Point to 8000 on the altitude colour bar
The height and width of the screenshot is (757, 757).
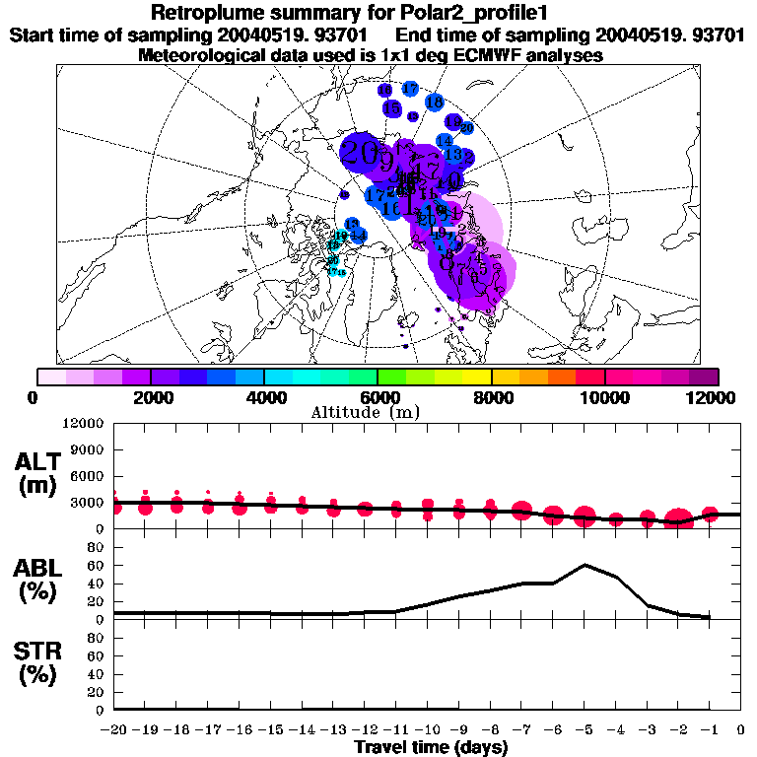[x=491, y=397]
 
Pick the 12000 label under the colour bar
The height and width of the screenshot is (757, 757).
[x=710, y=397]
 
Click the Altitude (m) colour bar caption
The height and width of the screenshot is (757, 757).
[x=365, y=411]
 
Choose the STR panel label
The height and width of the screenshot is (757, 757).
[x=39, y=662]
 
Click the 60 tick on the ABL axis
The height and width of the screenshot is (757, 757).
[x=97, y=566]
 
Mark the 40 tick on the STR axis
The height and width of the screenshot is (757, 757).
[x=97, y=674]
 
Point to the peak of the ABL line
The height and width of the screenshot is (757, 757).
[x=585, y=565]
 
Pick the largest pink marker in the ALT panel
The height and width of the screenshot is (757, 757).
[x=678, y=519]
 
